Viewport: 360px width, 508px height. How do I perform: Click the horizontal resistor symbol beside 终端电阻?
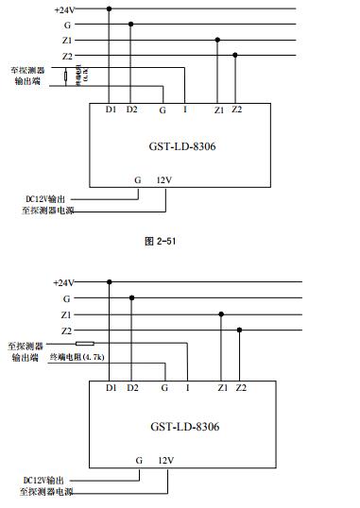coord(85,345)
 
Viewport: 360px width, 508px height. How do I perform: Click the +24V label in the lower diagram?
coord(62,281)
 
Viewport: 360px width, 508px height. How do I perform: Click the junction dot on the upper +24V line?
coord(110,8)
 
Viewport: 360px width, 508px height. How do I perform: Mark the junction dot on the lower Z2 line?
coord(239,330)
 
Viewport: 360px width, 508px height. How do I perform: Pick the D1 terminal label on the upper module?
coord(111,110)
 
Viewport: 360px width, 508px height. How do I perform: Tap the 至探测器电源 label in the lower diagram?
coord(46,492)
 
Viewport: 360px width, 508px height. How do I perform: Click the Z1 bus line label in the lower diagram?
coord(65,313)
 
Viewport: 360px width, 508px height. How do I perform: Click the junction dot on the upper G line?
coord(130,25)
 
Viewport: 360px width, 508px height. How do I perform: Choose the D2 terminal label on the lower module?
coord(131,388)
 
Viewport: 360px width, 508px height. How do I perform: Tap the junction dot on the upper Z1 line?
coord(218,40)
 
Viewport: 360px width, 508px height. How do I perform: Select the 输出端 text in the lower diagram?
coord(26,359)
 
